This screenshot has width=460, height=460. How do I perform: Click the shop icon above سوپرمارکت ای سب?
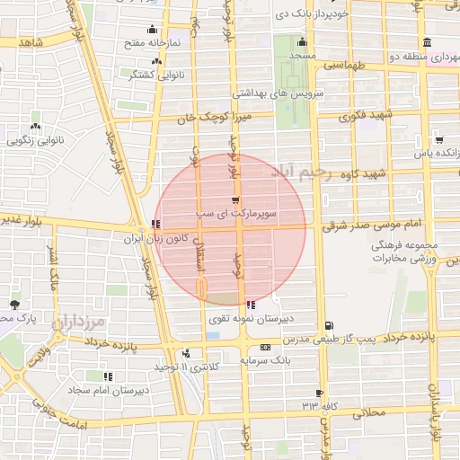click(235, 199)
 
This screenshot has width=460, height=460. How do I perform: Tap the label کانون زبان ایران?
click(178, 240)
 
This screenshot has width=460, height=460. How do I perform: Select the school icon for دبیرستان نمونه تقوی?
click(251, 305)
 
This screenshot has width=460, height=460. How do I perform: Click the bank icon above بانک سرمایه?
click(264, 347)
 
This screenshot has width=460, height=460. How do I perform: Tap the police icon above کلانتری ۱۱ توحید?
click(186, 354)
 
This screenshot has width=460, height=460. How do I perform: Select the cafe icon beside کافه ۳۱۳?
click(319, 394)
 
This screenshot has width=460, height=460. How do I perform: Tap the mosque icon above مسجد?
click(300, 42)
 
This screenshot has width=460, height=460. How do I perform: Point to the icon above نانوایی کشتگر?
click(157, 60)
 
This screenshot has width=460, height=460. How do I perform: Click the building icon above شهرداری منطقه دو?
click(426, 41)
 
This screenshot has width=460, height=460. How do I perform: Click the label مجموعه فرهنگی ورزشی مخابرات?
click(404, 252)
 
